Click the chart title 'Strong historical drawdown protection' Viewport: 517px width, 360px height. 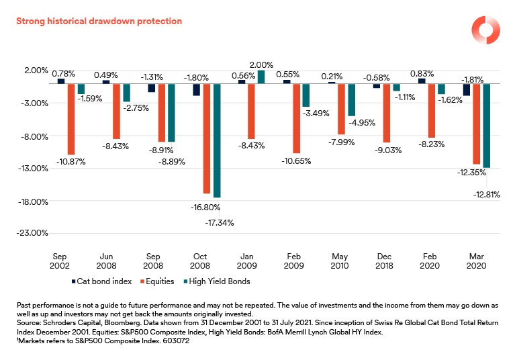pyautogui.click(x=99, y=21)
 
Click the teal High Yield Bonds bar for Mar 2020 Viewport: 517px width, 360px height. pyautogui.click(x=486, y=126)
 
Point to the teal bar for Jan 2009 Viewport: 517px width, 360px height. pyautogui.click(x=261, y=77)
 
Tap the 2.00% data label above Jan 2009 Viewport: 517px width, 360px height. pyautogui.click(x=261, y=65)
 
